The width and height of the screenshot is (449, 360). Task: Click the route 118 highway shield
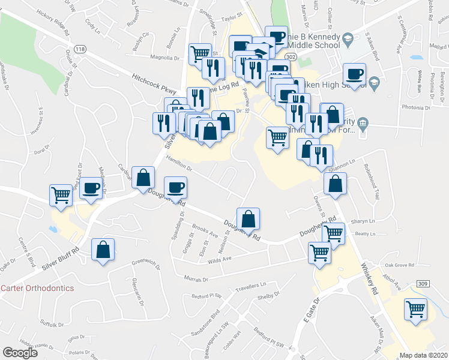coord(79,47)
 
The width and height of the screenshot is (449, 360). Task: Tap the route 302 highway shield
coord(291,56)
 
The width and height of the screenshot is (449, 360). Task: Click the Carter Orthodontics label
coord(37,288)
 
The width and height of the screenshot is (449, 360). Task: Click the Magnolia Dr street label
coord(165,59)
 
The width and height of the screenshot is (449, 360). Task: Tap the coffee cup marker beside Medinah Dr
coord(91,188)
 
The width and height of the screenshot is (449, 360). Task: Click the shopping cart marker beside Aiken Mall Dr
coord(415,310)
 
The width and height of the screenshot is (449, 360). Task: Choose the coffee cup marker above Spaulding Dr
coord(175,187)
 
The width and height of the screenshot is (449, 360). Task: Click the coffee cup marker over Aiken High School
coord(354,74)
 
